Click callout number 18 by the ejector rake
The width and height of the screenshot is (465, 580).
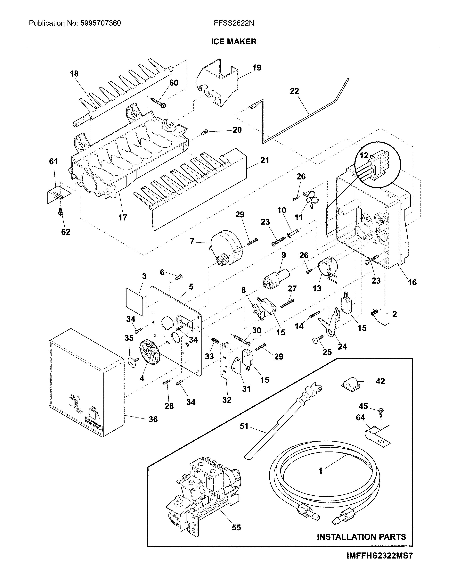(74, 73)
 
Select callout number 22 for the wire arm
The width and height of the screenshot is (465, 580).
(294, 91)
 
